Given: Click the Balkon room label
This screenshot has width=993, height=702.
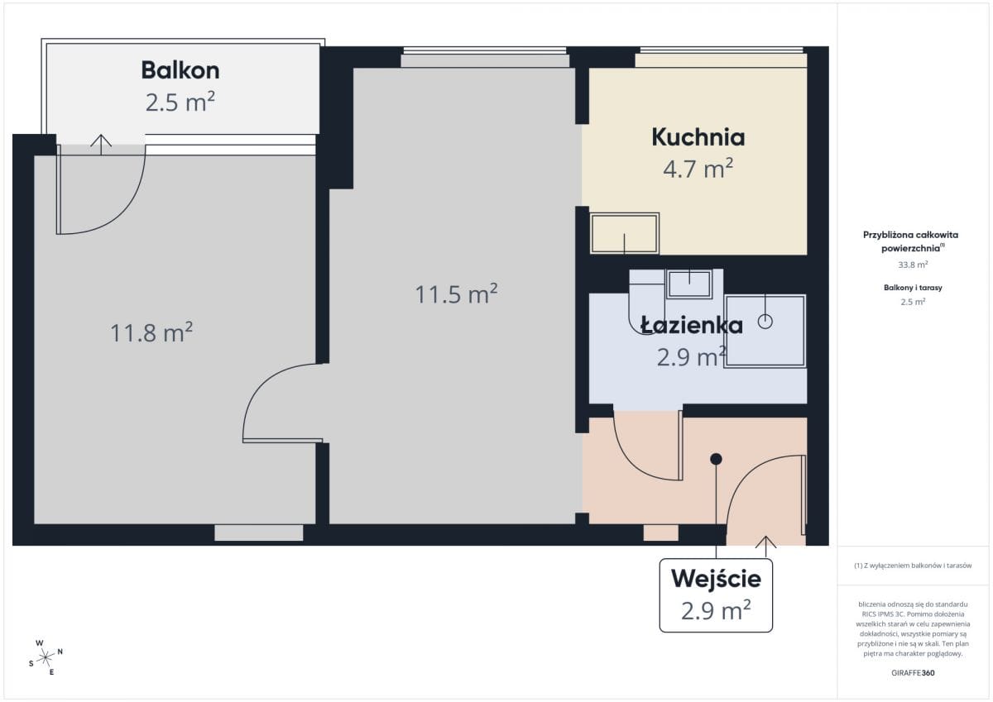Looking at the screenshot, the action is [180, 70].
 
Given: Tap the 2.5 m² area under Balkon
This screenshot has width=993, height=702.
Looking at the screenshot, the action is [180, 102].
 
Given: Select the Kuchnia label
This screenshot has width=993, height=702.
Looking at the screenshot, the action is [698, 137].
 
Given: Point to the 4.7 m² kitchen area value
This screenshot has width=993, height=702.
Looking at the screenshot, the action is [698, 169].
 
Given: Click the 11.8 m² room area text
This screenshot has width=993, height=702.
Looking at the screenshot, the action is [151, 332].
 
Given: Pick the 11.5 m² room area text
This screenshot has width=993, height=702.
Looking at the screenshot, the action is [456, 294].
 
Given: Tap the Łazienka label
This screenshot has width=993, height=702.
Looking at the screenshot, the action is [692, 326].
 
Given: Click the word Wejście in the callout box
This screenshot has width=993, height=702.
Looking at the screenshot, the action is [716, 579].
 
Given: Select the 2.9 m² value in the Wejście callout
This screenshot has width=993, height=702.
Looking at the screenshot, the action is [716, 610].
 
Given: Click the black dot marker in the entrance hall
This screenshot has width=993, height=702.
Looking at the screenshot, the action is [716, 459].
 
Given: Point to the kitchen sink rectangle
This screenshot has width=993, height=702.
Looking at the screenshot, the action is [625, 233].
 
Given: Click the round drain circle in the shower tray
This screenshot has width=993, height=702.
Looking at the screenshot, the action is [765, 322].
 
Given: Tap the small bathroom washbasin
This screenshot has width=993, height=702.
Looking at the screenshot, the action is [688, 284].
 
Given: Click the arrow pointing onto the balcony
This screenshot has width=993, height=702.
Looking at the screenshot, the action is [101, 145].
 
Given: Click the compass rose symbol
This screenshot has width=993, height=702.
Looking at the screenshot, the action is [46, 658].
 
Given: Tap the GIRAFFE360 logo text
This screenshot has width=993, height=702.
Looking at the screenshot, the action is [913, 673].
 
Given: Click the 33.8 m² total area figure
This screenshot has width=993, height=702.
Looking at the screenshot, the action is [913, 265].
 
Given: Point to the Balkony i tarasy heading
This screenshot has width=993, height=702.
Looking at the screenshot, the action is [913, 288].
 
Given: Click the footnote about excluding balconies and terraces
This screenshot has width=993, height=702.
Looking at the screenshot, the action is [913, 565].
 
